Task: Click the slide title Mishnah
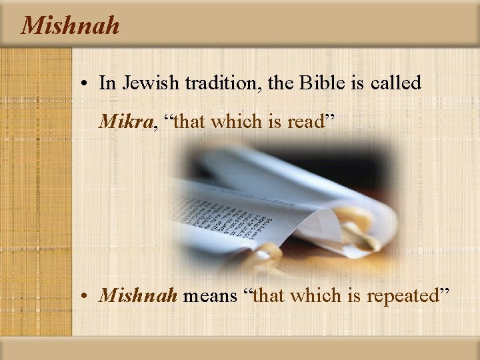tap(70, 25)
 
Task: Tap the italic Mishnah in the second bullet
tap(137, 295)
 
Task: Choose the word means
tap(209, 295)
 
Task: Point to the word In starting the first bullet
tap(106, 83)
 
